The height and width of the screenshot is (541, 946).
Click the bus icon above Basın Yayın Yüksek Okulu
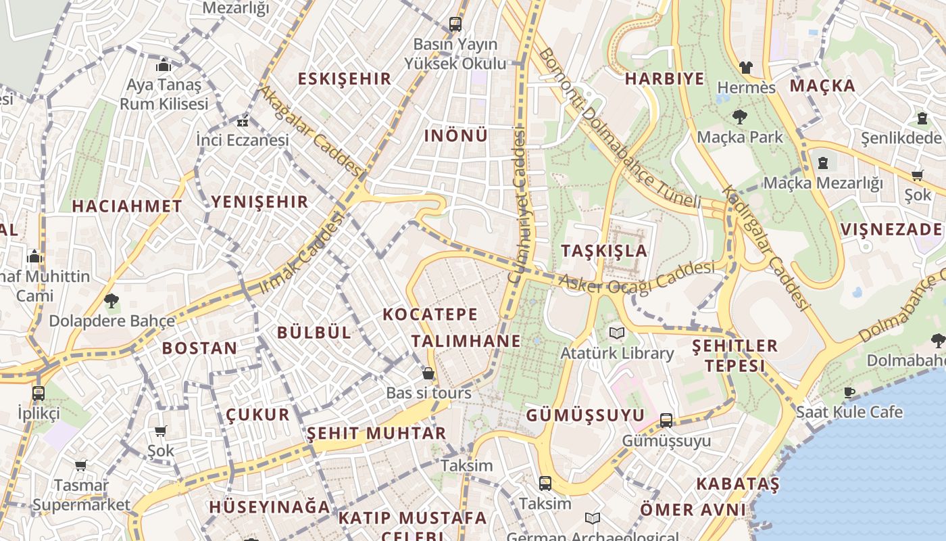(x=455, y=24)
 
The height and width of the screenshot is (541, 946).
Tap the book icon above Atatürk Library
(x=616, y=333)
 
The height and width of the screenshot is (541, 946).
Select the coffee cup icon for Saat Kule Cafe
(x=849, y=392)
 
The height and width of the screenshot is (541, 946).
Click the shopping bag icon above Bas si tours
(x=428, y=373)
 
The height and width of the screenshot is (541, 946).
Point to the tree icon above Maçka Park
(x=740, y=117)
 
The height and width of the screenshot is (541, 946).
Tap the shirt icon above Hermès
(x=745, y=67)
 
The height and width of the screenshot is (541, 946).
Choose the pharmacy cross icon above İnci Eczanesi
(x=242, y=122)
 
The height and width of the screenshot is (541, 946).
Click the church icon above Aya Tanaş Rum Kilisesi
(x=164, y=66)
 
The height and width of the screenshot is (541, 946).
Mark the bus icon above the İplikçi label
(x=39, y=393)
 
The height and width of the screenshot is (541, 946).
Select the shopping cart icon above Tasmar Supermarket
(x=81, y=465)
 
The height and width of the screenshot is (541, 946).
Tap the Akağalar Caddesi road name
(x=312, y=128)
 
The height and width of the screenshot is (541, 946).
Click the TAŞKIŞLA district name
(x=604, y=251)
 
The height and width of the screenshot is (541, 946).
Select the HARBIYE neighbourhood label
(x=664, y=78)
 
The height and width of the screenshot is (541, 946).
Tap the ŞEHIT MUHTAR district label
(x=376, y=433)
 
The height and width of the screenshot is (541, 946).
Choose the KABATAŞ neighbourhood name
(x=737, y=484)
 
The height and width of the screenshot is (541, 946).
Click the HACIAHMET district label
(x=127, y=206)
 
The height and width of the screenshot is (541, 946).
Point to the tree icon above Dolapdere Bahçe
(x=111, y=301)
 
